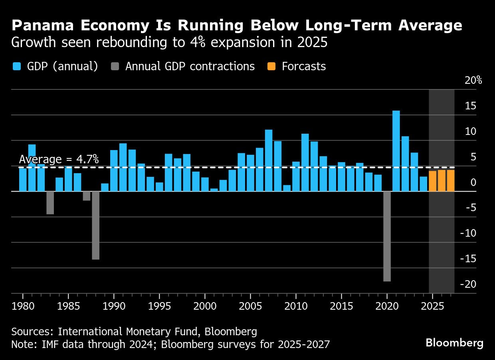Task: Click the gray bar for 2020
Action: coord(387,236)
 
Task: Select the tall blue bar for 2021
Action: coord(396,151)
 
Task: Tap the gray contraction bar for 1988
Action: coord(96,225)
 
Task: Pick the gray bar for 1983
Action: coord(50,203)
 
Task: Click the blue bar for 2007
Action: coord(269,160)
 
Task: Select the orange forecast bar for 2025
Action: coord(432,181)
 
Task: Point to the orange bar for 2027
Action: coord(451,181)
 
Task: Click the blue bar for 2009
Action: coord(287,188)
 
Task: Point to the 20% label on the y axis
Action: coord(473,80)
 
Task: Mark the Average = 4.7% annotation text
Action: coord(59,159)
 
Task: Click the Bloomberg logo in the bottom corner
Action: coord(454,342)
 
